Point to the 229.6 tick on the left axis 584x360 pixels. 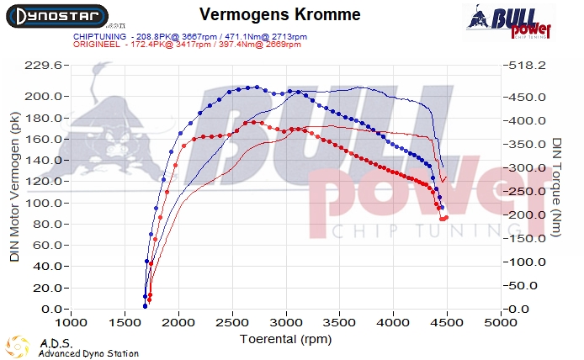44,65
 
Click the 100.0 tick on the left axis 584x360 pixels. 44,203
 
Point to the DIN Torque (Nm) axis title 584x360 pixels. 559,187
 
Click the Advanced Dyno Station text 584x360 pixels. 88,353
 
